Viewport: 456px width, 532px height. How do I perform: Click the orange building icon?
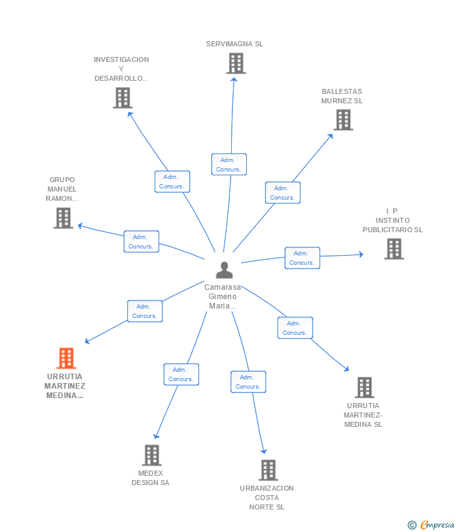coord(66,358)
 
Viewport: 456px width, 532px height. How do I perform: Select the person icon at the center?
coord(224,270)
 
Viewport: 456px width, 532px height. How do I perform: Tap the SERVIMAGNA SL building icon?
coord(236,63)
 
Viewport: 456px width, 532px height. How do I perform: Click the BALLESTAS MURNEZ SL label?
coord(342,96)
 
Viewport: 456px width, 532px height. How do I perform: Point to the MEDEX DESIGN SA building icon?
coord(152,455)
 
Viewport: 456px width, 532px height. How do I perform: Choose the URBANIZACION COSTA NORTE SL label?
coord(267,498)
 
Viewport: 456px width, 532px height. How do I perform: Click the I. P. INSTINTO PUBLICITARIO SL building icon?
coord(394,248)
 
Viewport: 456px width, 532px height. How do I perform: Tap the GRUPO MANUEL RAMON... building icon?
coord(63,218)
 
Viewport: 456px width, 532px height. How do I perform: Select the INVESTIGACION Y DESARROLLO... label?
coord(122,69)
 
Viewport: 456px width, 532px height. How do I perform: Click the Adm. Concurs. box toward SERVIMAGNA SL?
coord(229,164)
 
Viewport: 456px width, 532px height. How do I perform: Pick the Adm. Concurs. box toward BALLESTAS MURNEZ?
coord(282,193)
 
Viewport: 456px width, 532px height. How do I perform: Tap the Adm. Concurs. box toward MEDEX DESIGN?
coord(181,374)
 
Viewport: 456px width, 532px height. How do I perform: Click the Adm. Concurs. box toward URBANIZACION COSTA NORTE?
coord(248,382)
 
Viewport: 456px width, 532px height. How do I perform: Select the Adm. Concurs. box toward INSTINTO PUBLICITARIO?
coord(302,258)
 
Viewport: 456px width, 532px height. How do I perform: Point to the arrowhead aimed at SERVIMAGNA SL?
coord(234,79)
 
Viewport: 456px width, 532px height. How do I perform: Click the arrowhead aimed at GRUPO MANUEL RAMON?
coord(80,225)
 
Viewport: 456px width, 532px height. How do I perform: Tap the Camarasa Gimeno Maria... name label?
coord(223,297)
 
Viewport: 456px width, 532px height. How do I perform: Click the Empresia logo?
coord(431,524)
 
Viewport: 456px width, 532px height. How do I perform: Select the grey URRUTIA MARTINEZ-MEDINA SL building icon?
coord(365,387)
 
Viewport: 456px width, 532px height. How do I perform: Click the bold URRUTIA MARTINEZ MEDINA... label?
coord(65,386)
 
